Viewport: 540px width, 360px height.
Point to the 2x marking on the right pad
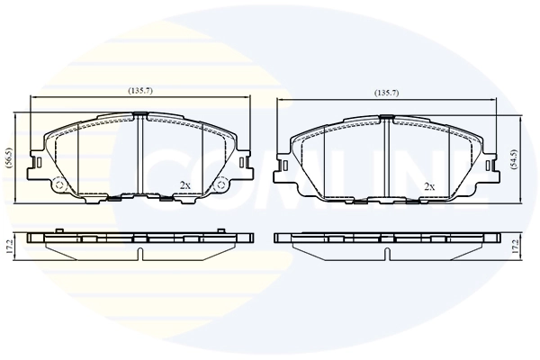[x=429, y=186]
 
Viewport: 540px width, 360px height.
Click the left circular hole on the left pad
[x=60, y=185]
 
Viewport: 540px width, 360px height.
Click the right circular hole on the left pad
[x=218, y=185]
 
